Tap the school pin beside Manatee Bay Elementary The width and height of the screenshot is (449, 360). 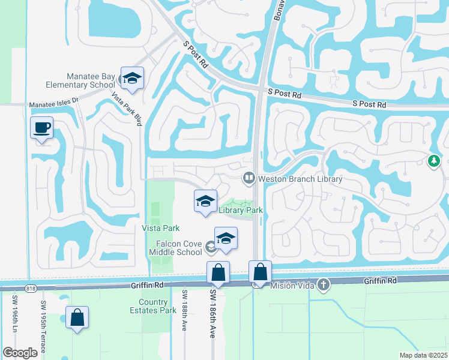point(131,79)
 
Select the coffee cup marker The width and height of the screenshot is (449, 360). point(41,128)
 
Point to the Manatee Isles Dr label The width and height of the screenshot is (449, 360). point(53,103)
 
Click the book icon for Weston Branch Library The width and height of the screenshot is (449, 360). point(249,178)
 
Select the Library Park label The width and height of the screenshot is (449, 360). point(241,209)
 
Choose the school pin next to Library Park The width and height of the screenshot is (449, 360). point(205,202)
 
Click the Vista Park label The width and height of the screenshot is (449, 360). point(160,228)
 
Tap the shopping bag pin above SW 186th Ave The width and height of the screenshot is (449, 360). point(218,273)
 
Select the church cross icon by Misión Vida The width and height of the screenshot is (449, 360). point(324,284)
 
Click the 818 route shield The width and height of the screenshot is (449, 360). point(31,289)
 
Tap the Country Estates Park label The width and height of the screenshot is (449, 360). point(152,306)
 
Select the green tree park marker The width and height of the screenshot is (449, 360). point(433,161)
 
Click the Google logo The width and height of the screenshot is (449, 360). point(20,353)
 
